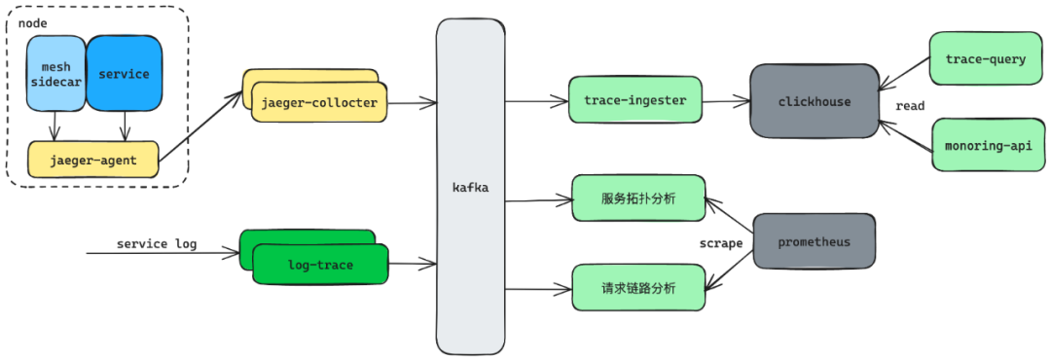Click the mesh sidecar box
pos(56,75)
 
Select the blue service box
pos(124,74)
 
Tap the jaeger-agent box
pos(93,160)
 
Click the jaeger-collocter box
pos(319,102)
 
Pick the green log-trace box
pos(320,265)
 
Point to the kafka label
pos(470,187)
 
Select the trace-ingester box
pos(635,100)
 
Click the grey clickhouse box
pos(815,101)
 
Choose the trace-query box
pos(985,59)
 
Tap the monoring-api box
pos(987,146)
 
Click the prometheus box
pos(814,241)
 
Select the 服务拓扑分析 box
pos(638,198)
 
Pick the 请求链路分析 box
pos(638,288)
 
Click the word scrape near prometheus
pos(721,243)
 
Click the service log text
pos(157,243)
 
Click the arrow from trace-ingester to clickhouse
pos(725,100)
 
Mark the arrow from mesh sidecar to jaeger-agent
pos(54,125)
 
